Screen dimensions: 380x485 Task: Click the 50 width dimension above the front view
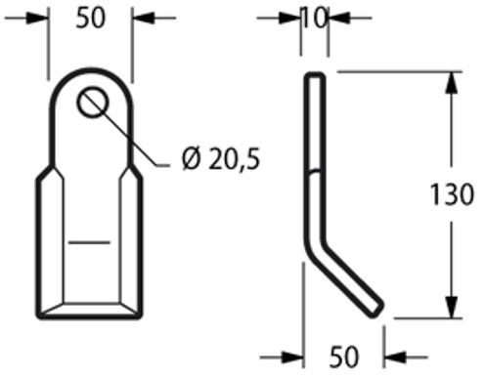coord(89,19)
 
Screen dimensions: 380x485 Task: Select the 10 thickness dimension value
coord(314,18)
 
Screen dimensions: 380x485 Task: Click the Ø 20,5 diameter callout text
coord(222,158)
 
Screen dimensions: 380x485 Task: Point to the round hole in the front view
coord(95,103)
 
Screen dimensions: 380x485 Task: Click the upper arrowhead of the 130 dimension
coord(449,82)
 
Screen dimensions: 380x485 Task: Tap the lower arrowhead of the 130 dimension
coord(449,306)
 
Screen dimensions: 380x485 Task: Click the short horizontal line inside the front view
coord(89,240)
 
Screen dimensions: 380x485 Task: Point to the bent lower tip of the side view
coord(375,310)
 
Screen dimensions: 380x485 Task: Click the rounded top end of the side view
coord(314,76)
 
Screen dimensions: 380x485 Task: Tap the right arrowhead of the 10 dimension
coord(333,18)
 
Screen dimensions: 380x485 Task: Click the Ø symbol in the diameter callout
coord(190,158)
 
